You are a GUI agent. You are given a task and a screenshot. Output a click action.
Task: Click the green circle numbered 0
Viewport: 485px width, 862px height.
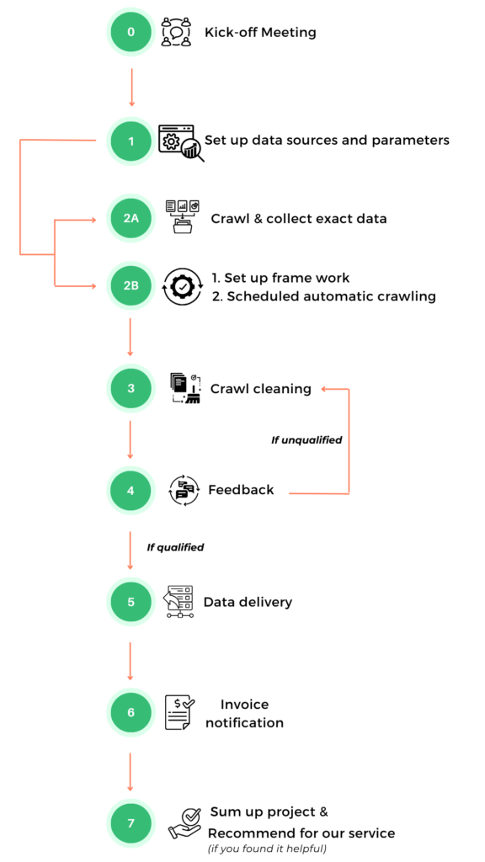(131, 32)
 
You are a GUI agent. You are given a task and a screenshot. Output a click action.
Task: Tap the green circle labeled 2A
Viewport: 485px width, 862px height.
(131, 218)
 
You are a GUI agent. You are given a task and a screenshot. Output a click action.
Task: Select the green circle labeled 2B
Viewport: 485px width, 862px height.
(131, 286)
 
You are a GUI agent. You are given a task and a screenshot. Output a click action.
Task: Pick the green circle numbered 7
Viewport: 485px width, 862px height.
(131, 823)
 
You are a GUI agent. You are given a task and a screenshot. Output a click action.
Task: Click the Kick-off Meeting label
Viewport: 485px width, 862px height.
(260, 33)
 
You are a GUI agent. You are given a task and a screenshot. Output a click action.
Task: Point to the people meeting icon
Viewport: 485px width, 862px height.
(176, 32)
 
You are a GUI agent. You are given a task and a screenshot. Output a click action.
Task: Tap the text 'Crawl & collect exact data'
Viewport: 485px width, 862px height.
(299, 219)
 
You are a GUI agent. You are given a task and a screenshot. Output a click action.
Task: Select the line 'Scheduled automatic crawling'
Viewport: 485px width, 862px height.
(324, 296)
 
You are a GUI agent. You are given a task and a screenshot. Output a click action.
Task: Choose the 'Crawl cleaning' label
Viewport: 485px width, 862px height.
(261, 389)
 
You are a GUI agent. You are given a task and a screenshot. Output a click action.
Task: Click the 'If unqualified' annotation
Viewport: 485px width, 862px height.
(306, 439)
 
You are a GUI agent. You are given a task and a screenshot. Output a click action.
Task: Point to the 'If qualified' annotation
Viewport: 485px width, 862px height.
(175, 547)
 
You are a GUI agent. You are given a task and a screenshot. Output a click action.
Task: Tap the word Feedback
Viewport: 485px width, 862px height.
(241, 489)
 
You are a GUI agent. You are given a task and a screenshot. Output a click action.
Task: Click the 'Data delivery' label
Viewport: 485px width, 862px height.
(248, 602)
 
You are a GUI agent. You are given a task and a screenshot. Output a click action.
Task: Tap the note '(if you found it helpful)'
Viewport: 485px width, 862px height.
(267, 849)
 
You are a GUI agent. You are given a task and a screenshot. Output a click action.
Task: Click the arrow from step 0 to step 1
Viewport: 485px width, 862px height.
(131, 88)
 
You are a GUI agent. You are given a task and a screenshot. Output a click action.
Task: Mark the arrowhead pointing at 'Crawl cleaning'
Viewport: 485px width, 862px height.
(325, 389)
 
